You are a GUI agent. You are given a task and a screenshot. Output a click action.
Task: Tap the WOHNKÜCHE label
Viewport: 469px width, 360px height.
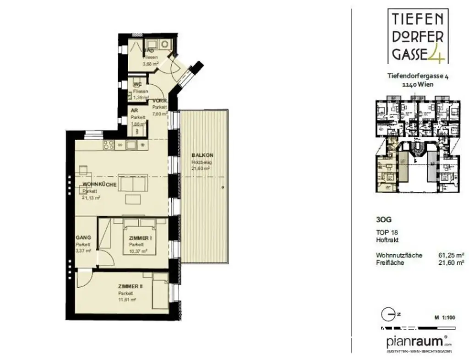pos(99,185)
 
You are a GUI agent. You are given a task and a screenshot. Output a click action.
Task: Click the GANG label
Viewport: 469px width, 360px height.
pos(83,238)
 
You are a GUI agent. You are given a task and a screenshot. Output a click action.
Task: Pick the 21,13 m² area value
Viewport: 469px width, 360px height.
pos(92,197)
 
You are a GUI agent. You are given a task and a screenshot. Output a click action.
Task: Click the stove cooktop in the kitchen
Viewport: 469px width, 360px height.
pos(109,145)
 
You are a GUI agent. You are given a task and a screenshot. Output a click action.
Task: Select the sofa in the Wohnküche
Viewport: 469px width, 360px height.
pos(132,184)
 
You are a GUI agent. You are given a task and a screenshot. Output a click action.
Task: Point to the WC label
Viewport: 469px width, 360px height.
pos(137,85)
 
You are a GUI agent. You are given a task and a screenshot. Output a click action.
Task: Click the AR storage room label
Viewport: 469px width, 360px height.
pos(134,111)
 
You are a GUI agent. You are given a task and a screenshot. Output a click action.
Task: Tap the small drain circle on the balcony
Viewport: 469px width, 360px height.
pos(222,187)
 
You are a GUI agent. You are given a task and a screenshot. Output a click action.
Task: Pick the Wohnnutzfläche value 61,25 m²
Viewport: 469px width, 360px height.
pos(452,255)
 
